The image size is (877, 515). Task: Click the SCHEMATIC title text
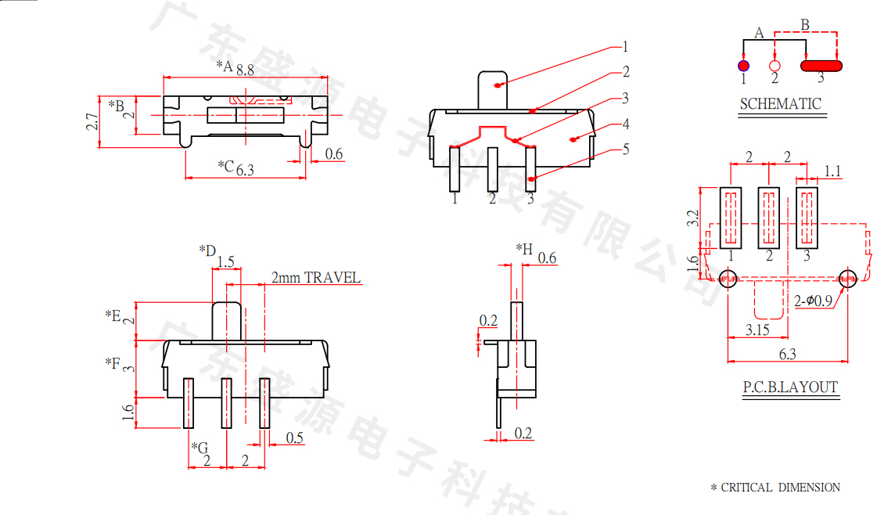click(780, 103)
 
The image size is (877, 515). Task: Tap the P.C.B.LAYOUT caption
click(790, 387)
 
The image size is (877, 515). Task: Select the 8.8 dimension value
click(245, 70)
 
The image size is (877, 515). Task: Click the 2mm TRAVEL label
click(316, 278)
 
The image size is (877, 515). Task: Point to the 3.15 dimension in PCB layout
click(757, 330)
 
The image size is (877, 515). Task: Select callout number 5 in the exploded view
click(626, 149)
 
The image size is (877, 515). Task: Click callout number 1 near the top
click(626, 45)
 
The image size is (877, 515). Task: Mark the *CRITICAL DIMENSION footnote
click(775, 488)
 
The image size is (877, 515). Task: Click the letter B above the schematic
click(805, 24)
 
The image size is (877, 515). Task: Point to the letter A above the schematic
click(759, 33)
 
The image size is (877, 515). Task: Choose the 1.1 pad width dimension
click(832, 171)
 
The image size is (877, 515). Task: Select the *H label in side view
click(524, 249)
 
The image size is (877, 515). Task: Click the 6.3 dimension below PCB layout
click(787, 355)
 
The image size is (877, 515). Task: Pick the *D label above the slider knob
click(207, 250)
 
